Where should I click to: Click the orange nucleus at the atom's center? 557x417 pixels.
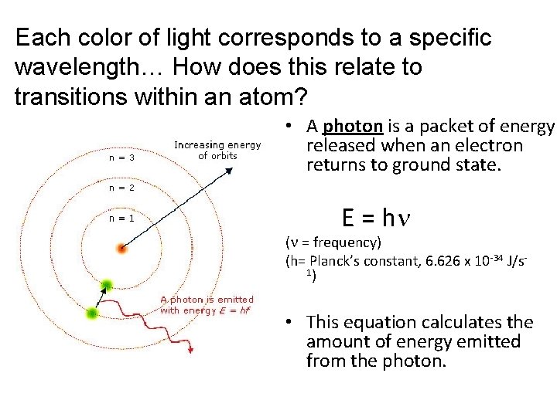point(121,249)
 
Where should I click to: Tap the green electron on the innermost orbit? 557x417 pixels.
point(108,285)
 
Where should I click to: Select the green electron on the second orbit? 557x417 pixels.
point(94,314)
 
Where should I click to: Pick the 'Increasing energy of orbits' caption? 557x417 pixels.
point(217,150)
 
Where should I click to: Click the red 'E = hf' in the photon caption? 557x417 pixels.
point(234,310)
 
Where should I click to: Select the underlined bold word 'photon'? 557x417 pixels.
point(353,126)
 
